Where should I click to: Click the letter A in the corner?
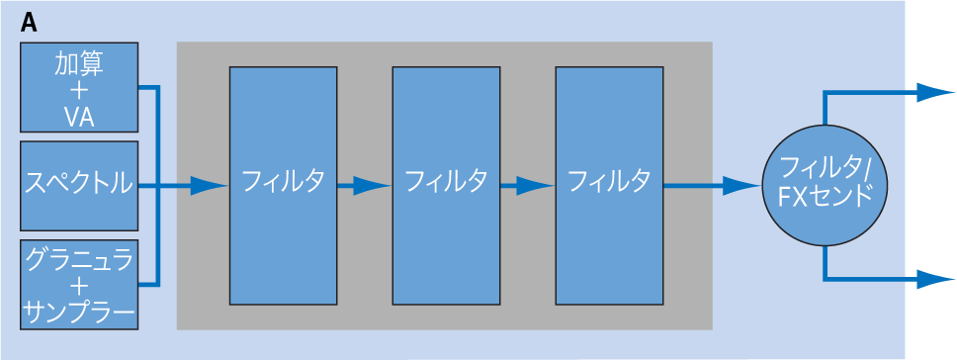[x=29, y=23]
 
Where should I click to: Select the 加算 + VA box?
[x=79, y=87]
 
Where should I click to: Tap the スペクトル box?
[x=79, y=185]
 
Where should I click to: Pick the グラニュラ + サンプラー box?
[x=79, y=284]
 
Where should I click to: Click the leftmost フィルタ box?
[x=283, y=185]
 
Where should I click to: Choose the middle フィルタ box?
[x=446, y=185]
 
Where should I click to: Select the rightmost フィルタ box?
[x=609, y=185]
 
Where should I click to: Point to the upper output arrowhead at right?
[x=936, y=92]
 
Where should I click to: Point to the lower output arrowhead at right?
[x=936, y=279]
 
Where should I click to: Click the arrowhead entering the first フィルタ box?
[x=210, y=185]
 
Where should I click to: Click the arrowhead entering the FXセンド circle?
[x=743, y=185]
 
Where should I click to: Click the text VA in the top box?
[x=79, y=116]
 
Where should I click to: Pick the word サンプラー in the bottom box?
[x=79, y=315]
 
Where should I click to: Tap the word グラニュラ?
[x=79, y=259]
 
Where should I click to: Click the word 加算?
[x=79, y=62]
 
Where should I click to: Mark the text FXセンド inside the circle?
[x=825, y=197]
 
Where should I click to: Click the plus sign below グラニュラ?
[x=79, y=287]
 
